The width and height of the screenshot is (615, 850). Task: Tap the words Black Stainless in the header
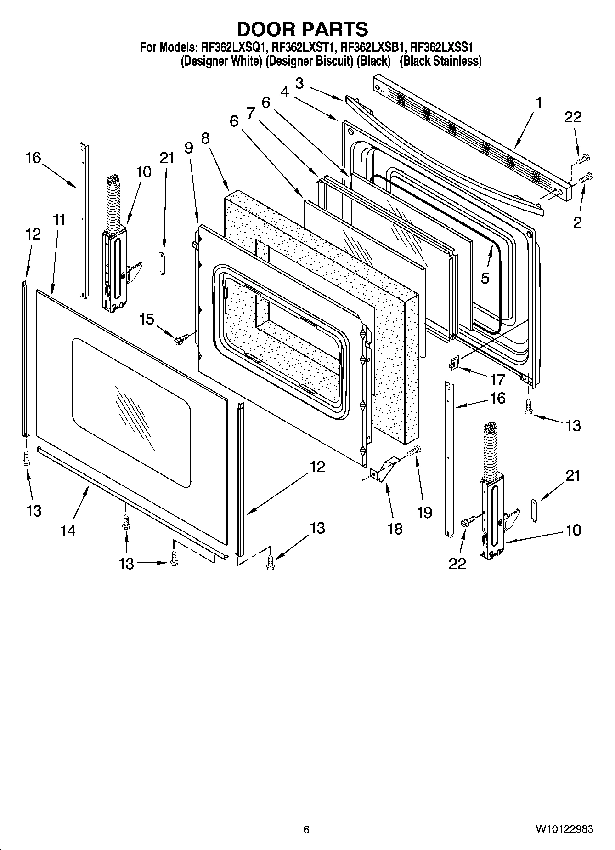click(440, 61)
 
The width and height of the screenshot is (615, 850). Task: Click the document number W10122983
click(564, 829)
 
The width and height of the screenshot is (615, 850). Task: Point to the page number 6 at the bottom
click(306, 829)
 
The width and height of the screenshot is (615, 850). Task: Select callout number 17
click(497, 379)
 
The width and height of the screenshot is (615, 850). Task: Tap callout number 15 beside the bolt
click(147, 319)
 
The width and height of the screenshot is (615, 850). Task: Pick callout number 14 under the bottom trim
click(68, 530)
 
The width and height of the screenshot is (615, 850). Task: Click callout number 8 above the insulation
click(205, 138)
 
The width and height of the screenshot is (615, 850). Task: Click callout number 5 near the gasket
click(485, 278)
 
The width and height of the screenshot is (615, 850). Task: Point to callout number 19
click(424, 512)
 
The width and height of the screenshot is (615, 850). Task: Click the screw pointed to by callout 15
click(179, 340)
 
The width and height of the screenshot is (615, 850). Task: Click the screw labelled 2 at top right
click(587, 177)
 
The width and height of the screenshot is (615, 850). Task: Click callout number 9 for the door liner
click(188, 148)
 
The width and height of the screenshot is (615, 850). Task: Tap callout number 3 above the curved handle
click(299, 83)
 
